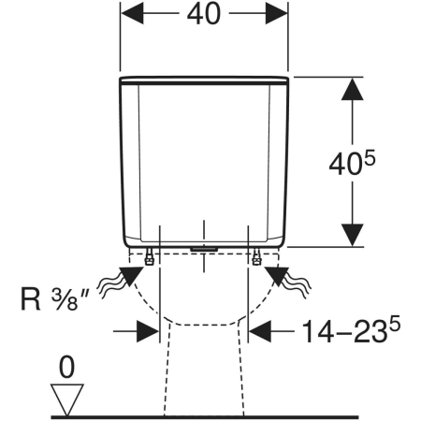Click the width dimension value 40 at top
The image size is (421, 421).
pos(204,14)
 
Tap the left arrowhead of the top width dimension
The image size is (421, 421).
pos(132,13)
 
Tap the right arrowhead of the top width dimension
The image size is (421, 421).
pos(276,13)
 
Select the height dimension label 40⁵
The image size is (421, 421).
pos(353,163)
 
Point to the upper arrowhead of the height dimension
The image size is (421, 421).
pos(353,89)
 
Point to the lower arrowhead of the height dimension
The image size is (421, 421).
pos(353,235)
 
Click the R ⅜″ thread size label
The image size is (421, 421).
pos(54,299)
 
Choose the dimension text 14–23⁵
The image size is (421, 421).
pos(351,330)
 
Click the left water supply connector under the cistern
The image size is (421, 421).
pos(150,257)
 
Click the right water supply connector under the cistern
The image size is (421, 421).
pos(256,257)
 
